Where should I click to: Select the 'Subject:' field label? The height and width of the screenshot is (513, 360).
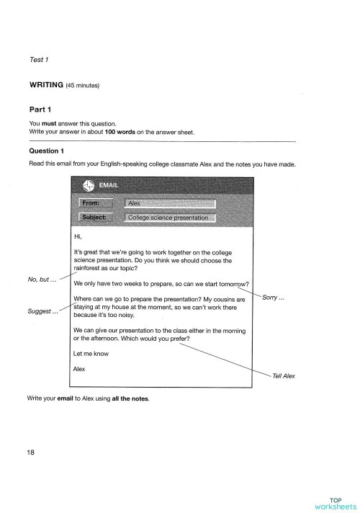pos(97,218)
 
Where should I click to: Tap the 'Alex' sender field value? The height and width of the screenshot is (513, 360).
pos(135,204)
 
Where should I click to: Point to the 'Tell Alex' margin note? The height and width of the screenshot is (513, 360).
pos(284,376)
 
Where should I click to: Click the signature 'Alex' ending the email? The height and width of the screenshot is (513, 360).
pos(80,369)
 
